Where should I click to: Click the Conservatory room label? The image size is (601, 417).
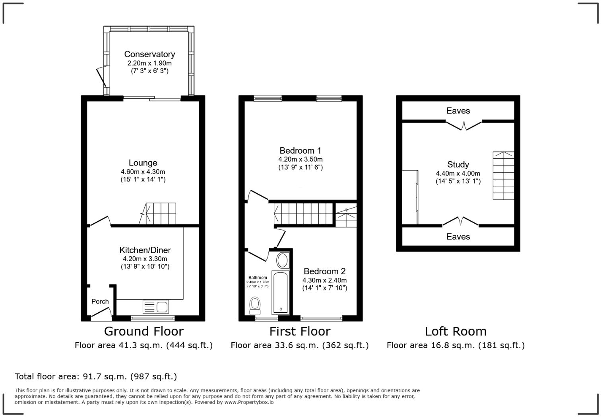click(x=149, y=54)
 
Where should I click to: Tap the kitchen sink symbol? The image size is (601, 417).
click(x=156, y=307)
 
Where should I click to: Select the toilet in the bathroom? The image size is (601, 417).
click(x=255, y=306)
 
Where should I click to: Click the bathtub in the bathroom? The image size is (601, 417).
click(x=281, y=292)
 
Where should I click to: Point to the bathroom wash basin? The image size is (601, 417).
click(x=282, y=260)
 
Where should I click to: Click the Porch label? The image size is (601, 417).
click(x=100, y=301)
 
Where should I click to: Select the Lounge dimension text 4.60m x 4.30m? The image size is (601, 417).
click(x=143, y=171)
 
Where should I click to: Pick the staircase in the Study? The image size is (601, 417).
click(x=503, y=175)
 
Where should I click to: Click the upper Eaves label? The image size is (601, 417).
click(x=458, y=111)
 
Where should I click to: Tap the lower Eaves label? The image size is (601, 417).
click(x=458, y=237)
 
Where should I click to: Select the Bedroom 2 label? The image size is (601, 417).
click(x=324, y=271)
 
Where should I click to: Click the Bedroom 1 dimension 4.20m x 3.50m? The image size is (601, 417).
click(x=300, y=159)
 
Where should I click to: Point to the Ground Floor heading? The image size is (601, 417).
click(x=144, y=331)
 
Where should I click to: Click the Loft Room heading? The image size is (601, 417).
click(x=456, y=331)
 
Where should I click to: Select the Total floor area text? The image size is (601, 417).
click(x=96, y=376)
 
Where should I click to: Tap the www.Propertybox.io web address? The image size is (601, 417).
click(x=249, y=402)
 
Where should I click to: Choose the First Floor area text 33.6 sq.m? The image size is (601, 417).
click(x=299, y=345)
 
